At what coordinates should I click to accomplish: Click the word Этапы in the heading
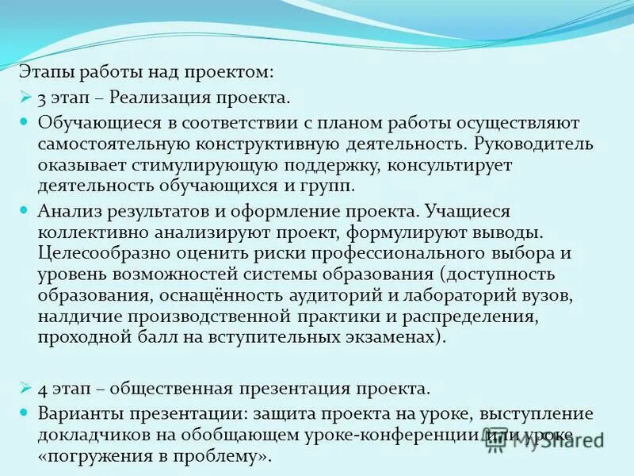point(46,72)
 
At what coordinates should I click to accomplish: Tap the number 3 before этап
point(41,98)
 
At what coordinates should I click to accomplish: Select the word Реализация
point(154,98)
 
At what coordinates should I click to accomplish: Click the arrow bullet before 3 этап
point(25,98)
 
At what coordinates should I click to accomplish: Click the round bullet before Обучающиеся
point(24,123)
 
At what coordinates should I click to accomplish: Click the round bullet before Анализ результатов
point(24,210)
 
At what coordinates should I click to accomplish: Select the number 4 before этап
point(41,389)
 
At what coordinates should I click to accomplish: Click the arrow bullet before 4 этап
point(25,388)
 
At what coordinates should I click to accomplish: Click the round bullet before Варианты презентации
point(24,413)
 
